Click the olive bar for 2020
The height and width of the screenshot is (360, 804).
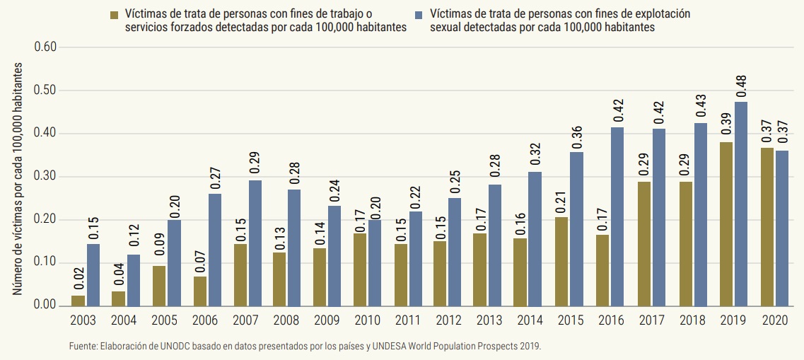[767, 226]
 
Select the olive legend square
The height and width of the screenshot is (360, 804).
[114, 14]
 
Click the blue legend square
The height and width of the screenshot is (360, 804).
[419, 14]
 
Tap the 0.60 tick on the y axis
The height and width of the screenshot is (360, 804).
[51, 47]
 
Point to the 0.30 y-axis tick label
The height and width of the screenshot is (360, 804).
[51, 177]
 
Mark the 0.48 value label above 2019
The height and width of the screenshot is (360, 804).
[741, 86]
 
